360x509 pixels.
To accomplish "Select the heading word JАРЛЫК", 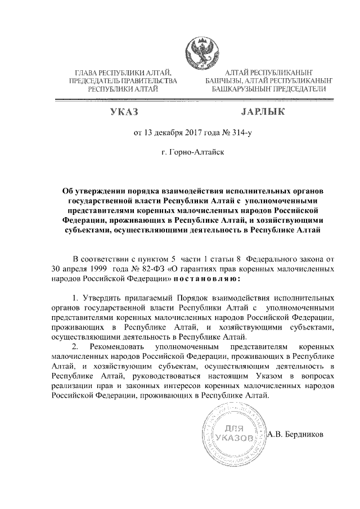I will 262,113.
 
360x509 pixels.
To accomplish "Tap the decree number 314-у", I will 236,134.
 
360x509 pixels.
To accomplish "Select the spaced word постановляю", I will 208,278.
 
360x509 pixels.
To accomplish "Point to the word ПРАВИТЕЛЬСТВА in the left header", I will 147,81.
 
